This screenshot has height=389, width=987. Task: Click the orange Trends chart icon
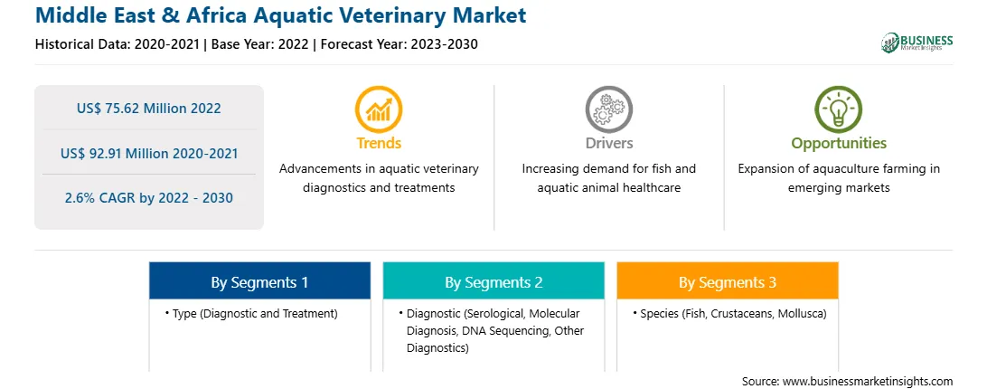pyautogui.click(x=379, y=109)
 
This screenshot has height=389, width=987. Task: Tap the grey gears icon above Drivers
pyautogui.click(x=608, y=109)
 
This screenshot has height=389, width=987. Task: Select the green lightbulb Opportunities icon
pyautogui.click(x=839, y=109)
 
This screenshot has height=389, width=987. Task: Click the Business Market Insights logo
pyautogui.click(x=917, y=43)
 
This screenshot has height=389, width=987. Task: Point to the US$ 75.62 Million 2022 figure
pyautogui.click(x=148, y=108)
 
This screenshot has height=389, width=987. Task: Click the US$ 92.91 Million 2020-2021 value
pyautogui.click(x=149, y=153)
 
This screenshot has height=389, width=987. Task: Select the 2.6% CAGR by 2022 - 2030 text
pyautogui.click(x=148, y=198)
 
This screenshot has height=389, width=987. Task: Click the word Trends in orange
pyautogui.click(x=379, y=143)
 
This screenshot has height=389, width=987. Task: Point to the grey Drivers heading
pyautogui.click(x=608, y=143)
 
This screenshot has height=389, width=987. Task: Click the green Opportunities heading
pyautogui.click(x=839, y=144)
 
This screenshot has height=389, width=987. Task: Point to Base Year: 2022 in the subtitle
pyautogui.click(x=259, y=44)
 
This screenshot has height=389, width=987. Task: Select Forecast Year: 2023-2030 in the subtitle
pyautogui.click(x=399, y=44)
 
